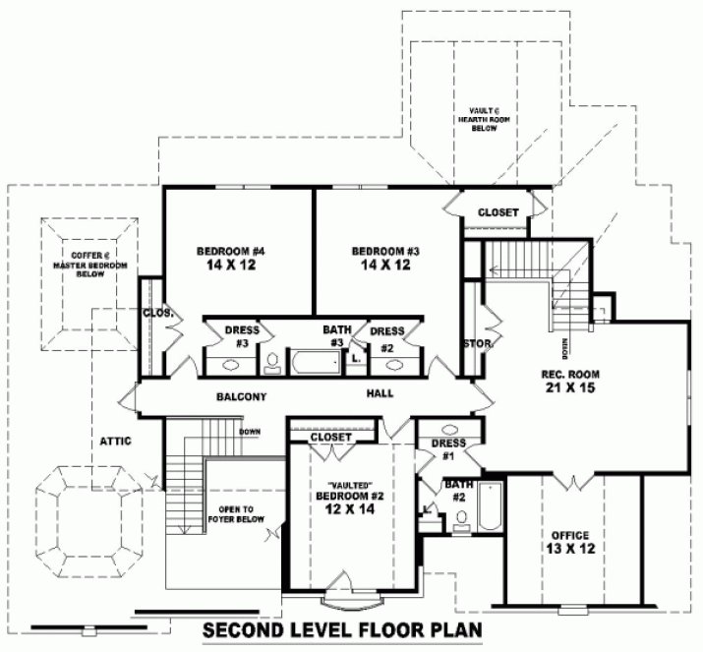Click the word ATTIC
tap(114, 441)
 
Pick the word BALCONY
tap(242, 396)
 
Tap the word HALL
tap(379, 393)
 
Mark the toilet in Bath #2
tap(461, 526)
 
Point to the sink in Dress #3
tap(231, 364)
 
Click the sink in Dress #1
tap(449, 430)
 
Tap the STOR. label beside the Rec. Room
tap(476, 343)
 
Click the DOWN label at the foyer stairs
tap(249, 432)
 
